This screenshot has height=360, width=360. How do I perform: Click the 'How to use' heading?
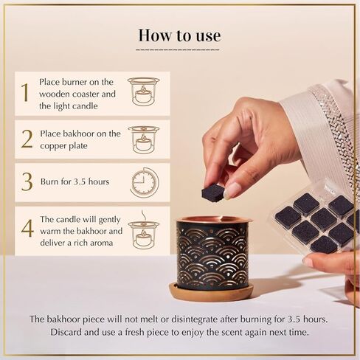click(179, 35)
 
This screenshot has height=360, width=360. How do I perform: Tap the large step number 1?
click(24, 93)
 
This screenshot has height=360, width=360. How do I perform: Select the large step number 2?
click(27, 138)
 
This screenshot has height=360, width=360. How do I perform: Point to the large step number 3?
click(26, 182)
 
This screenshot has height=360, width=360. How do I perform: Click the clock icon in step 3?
click(144, 182)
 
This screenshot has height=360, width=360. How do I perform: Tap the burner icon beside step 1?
click(143, 91)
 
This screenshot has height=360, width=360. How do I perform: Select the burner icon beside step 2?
click(143, 138)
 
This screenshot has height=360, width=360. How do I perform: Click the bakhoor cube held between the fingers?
click(214, 193)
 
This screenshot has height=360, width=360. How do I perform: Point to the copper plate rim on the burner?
click(214, 220)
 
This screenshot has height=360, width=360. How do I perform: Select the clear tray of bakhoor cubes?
click(314, 222)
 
